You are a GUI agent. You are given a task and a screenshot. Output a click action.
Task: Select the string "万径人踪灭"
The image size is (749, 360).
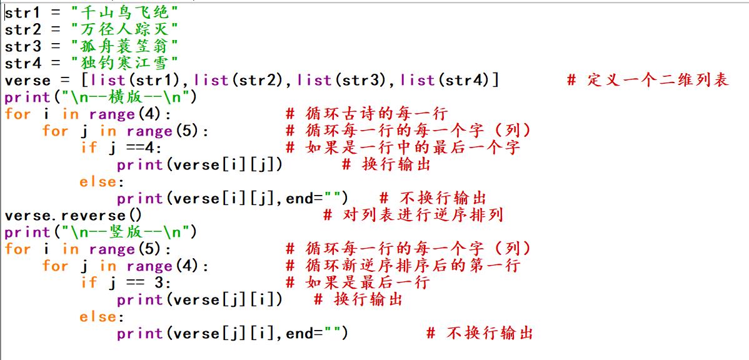click(x=124, y=29)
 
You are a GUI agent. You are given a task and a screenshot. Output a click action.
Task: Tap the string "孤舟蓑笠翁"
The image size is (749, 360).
click(x=124, y=46)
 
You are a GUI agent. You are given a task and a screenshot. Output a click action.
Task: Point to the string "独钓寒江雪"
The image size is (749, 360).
click(x=124, y=62)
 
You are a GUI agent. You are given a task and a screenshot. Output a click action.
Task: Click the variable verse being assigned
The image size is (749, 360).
click(x=28, y=80)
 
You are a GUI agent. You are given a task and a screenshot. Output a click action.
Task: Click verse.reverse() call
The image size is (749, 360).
click(x=73, y=215)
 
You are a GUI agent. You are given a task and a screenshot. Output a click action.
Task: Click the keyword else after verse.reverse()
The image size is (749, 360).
click(x=98, y=316)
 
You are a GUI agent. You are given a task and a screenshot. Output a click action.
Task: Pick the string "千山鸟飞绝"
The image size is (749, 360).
click(x=124, y=12)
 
